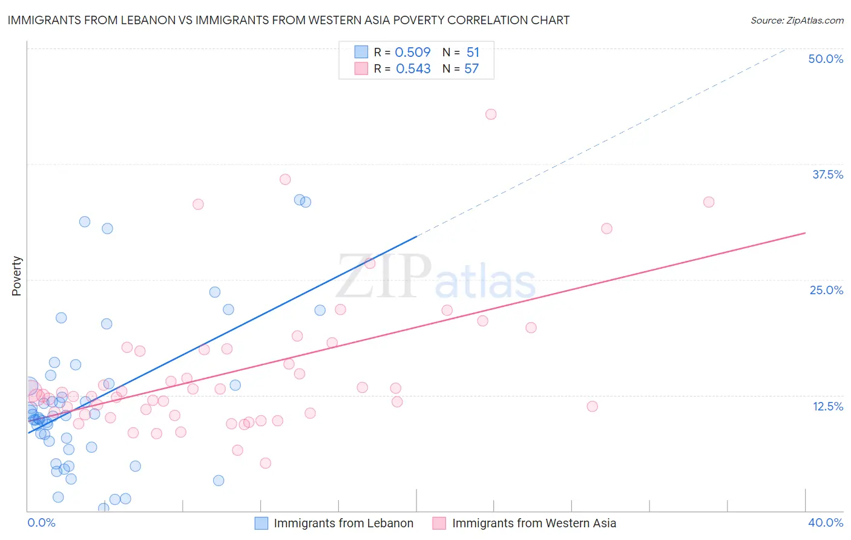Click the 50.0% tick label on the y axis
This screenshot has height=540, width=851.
pos(826,59)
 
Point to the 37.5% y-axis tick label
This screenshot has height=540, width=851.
pos(827,174)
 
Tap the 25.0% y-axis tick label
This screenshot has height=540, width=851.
pos(826,290)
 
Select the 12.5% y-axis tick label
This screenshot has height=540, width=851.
pos(827,406)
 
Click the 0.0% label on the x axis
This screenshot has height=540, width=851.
pos(41,522)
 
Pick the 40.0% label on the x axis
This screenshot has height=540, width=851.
pos(826,522)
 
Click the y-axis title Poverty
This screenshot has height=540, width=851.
pos(16,276)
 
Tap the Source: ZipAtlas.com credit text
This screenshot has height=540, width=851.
pos(797,20)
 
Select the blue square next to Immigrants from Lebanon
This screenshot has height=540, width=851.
pos(261,523)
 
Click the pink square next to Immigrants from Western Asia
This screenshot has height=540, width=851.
pos(439,523)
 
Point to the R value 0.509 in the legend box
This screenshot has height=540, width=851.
pos(413,52)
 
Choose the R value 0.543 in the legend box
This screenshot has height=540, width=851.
pos(413,68)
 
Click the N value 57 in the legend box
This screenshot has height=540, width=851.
pos(471,68)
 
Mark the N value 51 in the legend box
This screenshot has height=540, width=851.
pos(473,52)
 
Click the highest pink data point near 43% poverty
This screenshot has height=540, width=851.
pos(491,114)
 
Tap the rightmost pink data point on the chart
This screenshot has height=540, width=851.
pos(709,202)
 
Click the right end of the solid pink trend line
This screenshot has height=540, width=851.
pos(805,232)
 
